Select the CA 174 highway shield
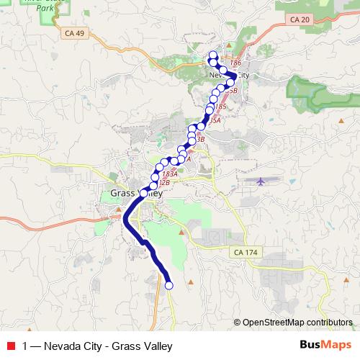(x=246, y=253)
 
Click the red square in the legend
(x=11, y=346)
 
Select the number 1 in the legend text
(x=26, y=346)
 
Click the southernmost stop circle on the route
(x=169, y=285)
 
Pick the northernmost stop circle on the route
(x=212, y=55)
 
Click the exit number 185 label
(x=220, y=107)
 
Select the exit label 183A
(x=170, y=174)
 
